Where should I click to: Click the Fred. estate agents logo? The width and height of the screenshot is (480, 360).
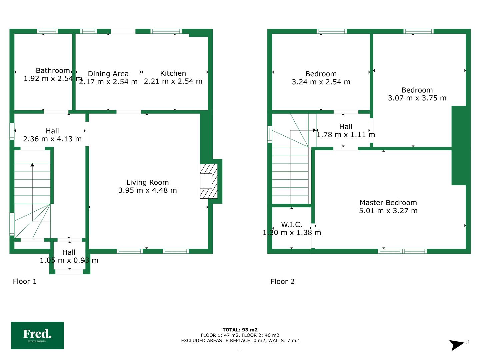(x=37, y=335)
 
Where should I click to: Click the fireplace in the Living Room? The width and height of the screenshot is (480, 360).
(x=209, y=181)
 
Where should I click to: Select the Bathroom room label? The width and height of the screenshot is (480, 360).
(x=53, y=71)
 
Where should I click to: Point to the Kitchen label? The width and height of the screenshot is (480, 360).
(x=173, y=73)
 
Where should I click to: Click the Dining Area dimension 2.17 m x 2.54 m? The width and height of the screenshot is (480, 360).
(x=108, y=82)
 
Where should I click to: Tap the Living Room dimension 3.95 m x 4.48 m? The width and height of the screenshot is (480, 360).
(x=148, y=190)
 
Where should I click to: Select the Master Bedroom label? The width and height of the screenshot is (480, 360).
(x=388, y=203)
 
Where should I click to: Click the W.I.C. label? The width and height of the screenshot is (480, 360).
(x=291, y=224)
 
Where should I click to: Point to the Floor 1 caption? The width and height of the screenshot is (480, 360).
(x=25, y=281)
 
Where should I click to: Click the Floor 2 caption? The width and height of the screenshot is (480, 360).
(x=283, y=282)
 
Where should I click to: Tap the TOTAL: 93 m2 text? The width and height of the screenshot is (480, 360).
(x=240, y=330)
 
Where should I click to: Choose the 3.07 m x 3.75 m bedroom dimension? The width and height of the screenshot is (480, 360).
(x=417, y=98)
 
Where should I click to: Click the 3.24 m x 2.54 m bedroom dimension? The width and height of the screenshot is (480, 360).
(x=321, y=82)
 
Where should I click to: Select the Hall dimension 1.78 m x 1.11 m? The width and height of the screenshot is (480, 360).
(x=346, y=135)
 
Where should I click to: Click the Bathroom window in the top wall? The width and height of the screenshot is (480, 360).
(x=47, y=31)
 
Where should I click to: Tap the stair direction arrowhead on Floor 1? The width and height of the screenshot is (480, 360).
(x=32, y=165)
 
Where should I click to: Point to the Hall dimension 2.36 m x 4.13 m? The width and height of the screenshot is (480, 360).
(x=52, y=139)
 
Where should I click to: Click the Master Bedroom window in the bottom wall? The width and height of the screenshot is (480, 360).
(x=402, y=251)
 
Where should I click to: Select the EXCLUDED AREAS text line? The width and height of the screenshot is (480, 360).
(x=240, y=341)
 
